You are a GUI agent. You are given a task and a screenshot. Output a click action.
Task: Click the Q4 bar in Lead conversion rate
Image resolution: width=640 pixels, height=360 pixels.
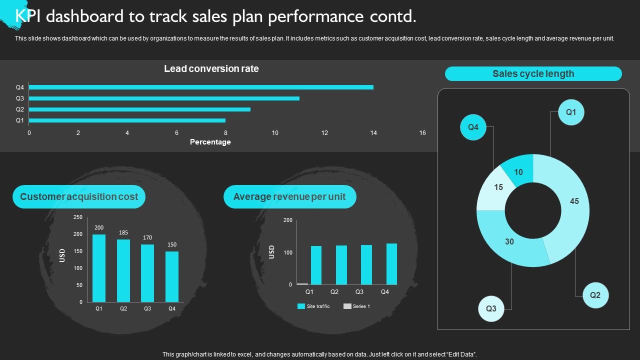tap(201, 87)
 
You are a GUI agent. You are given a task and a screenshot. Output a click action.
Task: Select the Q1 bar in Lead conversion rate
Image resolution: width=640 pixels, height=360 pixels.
tap(127, 120)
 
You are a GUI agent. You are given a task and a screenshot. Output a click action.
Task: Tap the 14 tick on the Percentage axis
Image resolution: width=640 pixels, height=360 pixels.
tap(373, 132)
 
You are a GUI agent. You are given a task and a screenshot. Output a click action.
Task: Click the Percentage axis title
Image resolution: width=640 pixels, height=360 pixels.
tap(210, 142)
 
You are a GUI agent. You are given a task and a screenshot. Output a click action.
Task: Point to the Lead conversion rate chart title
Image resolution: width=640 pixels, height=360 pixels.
tap(211, 68)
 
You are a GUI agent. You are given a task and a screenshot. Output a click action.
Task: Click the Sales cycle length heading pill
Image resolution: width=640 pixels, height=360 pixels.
tap(533, 74)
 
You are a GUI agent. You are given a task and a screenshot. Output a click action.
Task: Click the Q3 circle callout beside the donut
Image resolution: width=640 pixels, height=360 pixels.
tap(491, 308)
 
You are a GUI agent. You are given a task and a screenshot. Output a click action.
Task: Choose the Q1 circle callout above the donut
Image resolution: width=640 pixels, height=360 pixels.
tap(571, 112)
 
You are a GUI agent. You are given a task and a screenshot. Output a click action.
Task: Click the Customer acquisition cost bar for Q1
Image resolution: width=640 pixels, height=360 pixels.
tap(99, 268)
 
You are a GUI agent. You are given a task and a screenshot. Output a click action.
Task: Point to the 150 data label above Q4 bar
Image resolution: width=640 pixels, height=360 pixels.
tap(172, 244)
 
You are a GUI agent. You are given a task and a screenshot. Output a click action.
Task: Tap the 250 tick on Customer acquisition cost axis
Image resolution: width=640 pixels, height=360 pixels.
tap(77, 217)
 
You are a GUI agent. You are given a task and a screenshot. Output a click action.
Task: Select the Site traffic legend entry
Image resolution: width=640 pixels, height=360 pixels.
tap(313, 306)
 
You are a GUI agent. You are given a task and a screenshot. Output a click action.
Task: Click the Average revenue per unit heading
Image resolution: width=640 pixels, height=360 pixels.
tap(289, 197)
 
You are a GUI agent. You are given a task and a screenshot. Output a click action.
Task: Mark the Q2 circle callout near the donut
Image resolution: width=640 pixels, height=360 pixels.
tap(595, 295)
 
